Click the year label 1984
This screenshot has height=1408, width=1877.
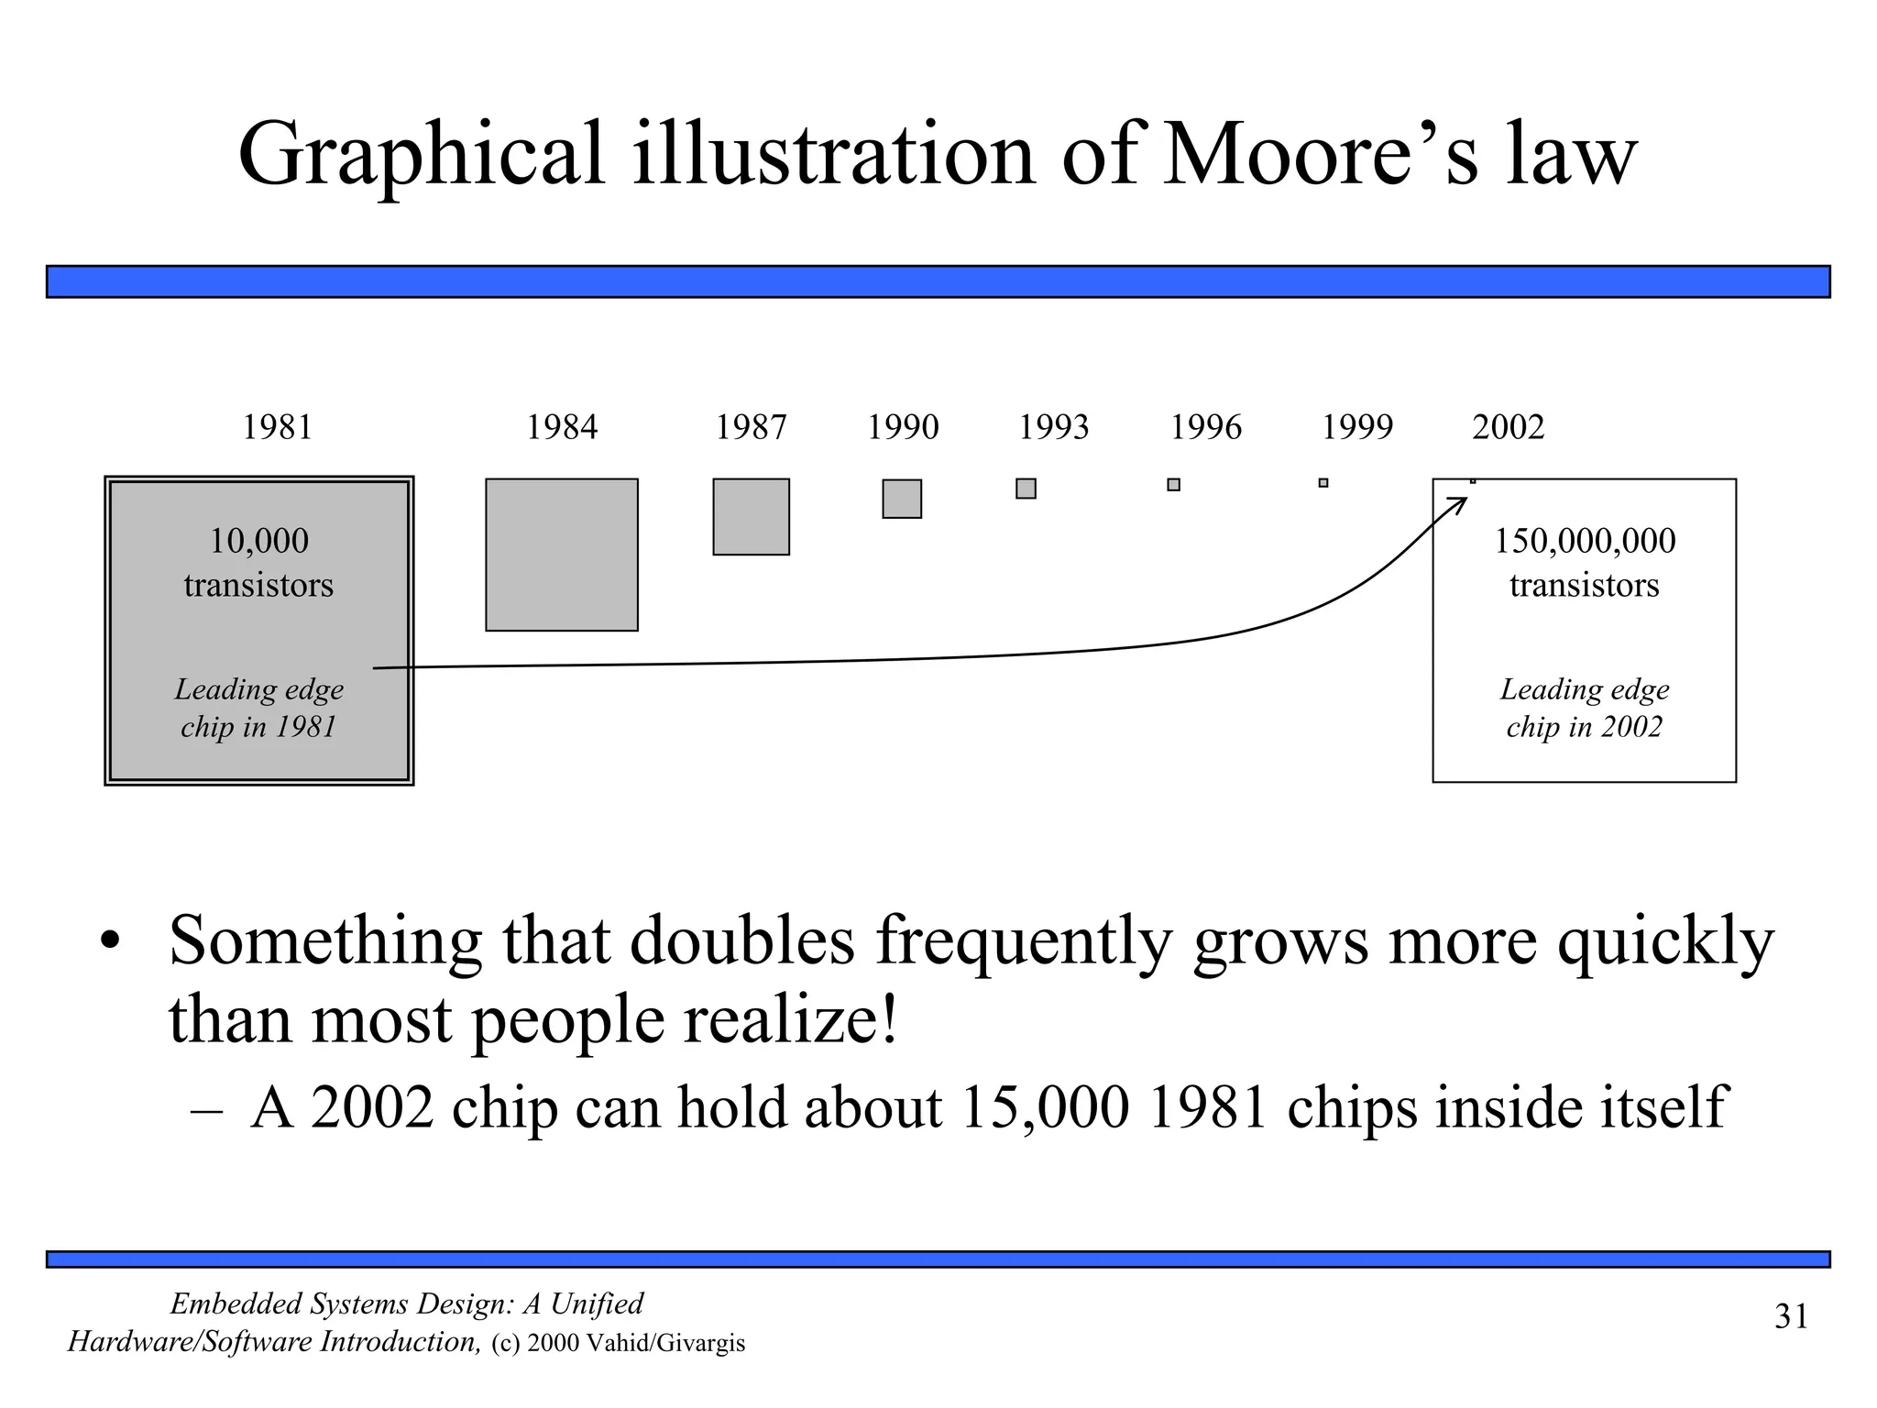tap(561, 427)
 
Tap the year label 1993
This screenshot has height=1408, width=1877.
tap(1053, 427)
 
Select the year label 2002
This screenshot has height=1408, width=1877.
tap(1508, 427)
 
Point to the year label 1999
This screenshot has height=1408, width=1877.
tap(1356, 427)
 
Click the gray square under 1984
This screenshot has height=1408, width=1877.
tap(561, 555)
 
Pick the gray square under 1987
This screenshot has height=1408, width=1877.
tap(751, 516)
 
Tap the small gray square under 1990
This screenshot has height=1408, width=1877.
tap(902, 499)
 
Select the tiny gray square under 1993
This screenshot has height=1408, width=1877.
tap(1026, 489)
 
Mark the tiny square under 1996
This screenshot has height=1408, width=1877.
tap(1173, 485)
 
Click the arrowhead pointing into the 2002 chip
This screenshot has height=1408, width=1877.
tap(1459, 502)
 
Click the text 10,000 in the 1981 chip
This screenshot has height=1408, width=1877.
tap(258, 541)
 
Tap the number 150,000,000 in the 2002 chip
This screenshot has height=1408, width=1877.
tap(1585, 541)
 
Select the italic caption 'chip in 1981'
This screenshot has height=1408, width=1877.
tap(258, 727)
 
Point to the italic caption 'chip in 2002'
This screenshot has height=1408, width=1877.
tap(1584, 727)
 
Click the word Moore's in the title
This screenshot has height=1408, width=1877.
tap(1320, 154)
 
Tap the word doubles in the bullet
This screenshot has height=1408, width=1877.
tap(742, 940)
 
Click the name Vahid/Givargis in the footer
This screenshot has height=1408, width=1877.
tap(665, 1344)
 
